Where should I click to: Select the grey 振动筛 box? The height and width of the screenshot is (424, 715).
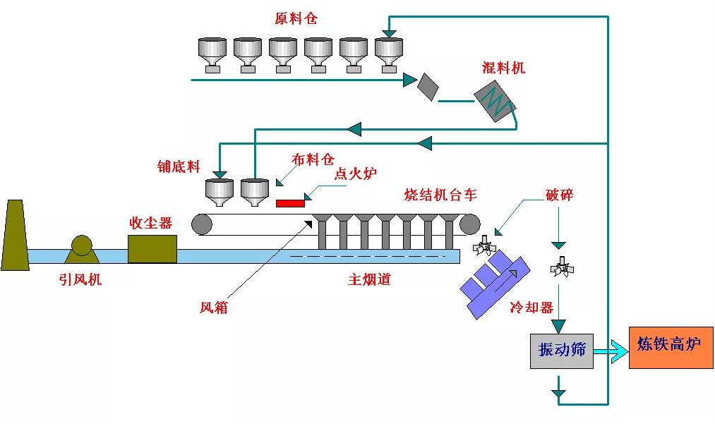tap(562, 351)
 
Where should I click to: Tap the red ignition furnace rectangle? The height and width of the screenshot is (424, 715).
tap(290, 203)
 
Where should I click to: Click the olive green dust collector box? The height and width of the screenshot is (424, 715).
tap(152, 249)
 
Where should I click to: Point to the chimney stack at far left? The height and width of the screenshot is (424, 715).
tap(14, 236)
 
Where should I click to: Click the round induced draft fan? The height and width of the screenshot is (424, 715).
tap(81, 246)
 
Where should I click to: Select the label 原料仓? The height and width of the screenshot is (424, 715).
tap(296, 19)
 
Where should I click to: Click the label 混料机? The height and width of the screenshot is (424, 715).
tap(503, 68)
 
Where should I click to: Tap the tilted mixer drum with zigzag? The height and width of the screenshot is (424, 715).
tap(495, 103)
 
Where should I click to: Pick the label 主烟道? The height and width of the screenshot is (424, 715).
tap(369, 279)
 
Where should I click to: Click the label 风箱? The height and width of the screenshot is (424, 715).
tap(214, 308)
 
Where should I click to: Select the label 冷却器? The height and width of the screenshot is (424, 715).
tap(531, 308)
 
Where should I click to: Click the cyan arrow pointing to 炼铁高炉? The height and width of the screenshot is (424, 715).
tap(611, 351)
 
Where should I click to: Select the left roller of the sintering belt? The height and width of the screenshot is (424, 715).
tap(202, 224)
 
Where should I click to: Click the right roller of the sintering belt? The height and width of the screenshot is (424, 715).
tap(470, 224)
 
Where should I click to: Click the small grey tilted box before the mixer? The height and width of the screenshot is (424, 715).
tap(428, 85)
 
